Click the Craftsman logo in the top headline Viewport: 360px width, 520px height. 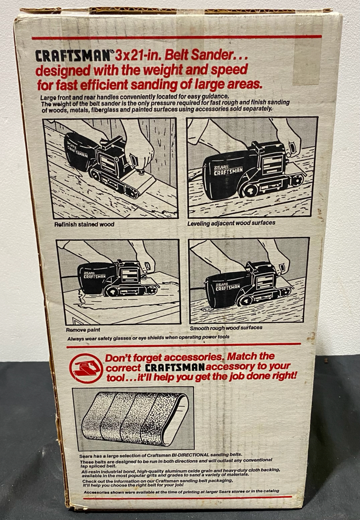[73, 56]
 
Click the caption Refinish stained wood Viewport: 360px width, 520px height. [84, 224]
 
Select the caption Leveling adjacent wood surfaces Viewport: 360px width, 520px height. [231, 223]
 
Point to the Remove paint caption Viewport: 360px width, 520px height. [83, 330]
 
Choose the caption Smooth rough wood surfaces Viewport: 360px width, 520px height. [226, 328]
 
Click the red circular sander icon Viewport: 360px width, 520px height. [86, 368]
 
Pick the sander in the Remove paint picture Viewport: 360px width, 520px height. [118, 278]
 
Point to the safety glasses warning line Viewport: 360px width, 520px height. [148, 338]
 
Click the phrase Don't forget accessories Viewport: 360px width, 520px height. [164, 357]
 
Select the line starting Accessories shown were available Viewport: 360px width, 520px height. [182, 491]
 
